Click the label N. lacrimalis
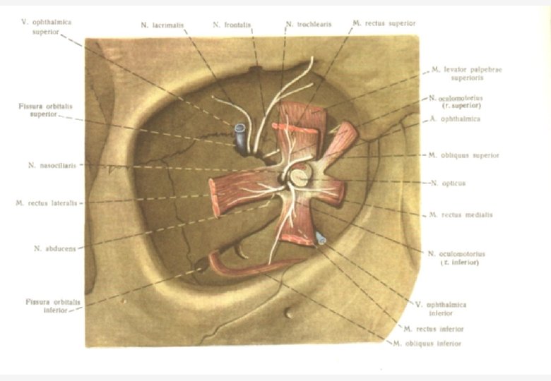163,25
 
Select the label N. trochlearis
308,25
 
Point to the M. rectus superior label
384,23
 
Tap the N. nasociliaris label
52,166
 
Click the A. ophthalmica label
455,119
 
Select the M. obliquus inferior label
427,344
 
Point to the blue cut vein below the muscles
321,239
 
